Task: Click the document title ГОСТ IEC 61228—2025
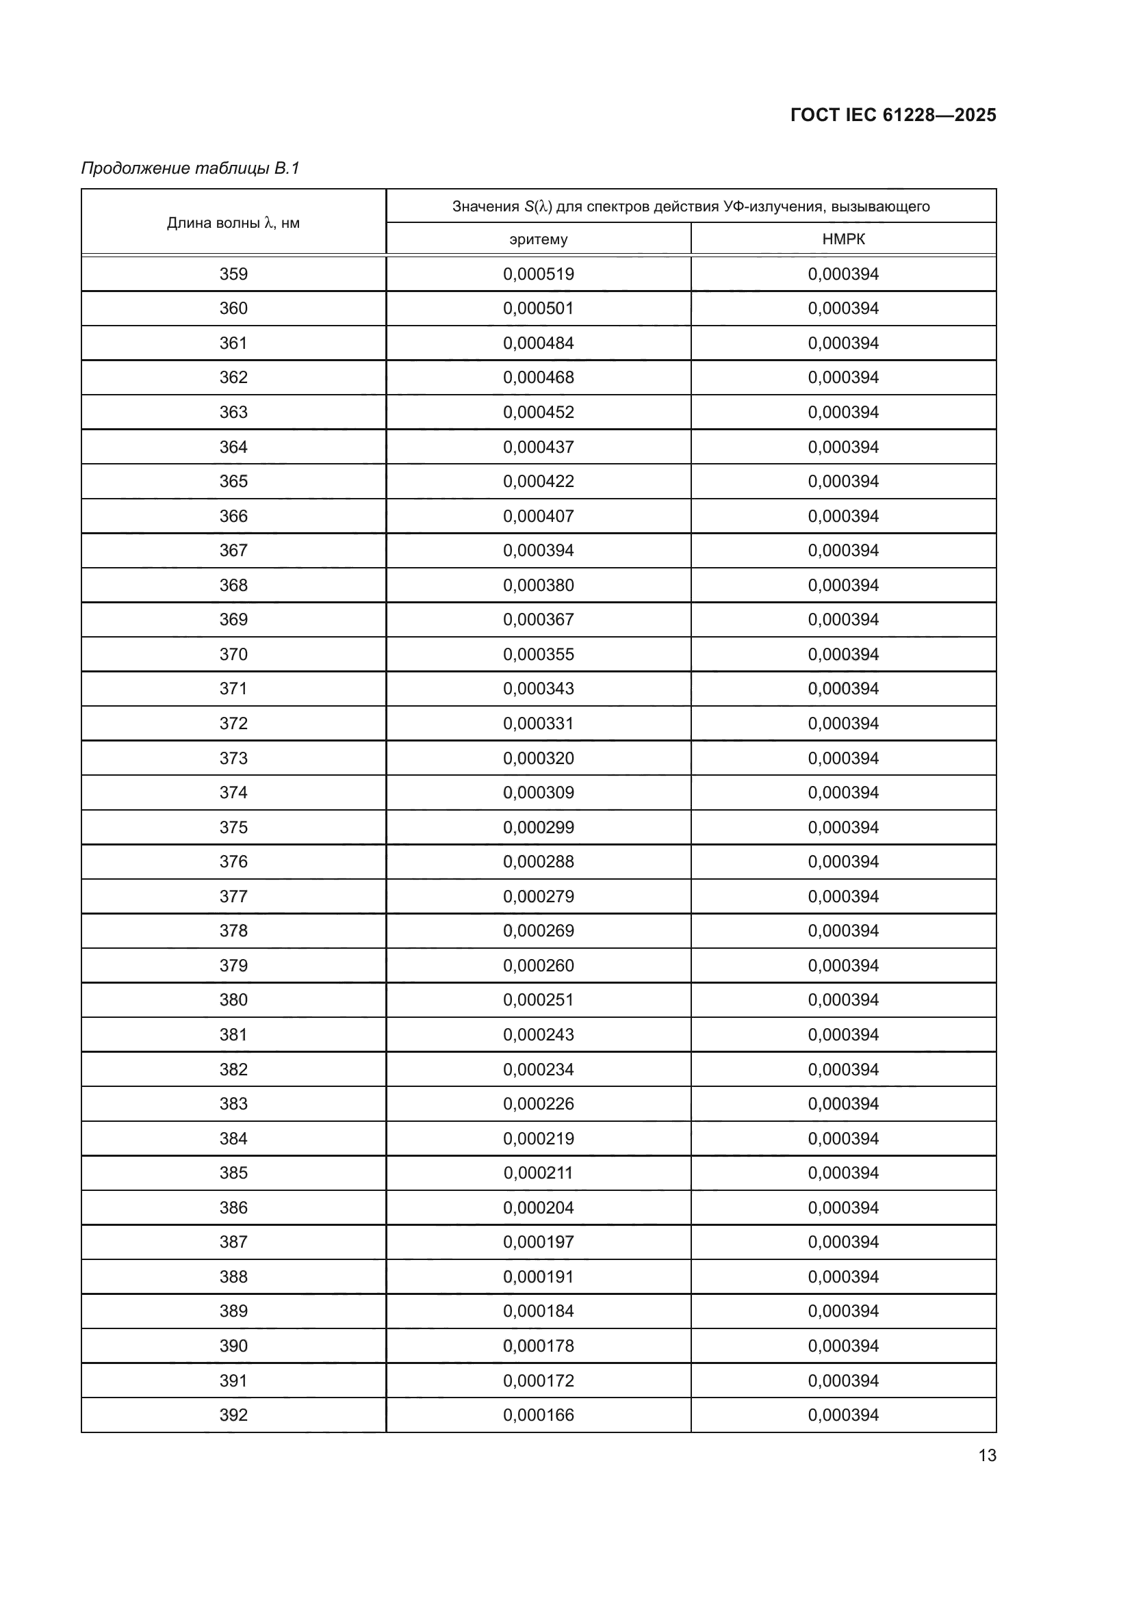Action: click(x=893, y=115)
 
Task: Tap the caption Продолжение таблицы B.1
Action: click(x=190, y=168)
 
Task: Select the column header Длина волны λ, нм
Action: click(x=233, y=223)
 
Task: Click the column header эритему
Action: click(x=538, y=239)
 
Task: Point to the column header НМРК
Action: click(x=843, y=239)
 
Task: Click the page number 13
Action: click(x=987, y=1455)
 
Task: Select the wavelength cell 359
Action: click(x=233, y=274)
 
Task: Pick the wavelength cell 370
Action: click(x=233, y=655)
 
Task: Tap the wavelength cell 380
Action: click(x=233, y=1000)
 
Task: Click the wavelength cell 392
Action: click(x=233, y=1415)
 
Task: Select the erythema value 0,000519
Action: click(x=538, y=274)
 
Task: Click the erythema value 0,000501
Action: click(x=538, y=308)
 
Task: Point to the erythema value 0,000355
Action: click(x=538, y=655)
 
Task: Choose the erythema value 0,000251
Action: click(x=538, y=1000)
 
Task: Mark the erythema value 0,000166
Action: click(x=538, y=1415)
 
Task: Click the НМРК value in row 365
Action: click(x=843, y=482)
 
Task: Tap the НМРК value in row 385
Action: click(x=843, y=1173)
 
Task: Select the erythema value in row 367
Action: click(x=538, y=551)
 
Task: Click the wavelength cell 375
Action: click(x=233, y=827)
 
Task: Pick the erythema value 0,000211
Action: click(x=538, y=1173)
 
